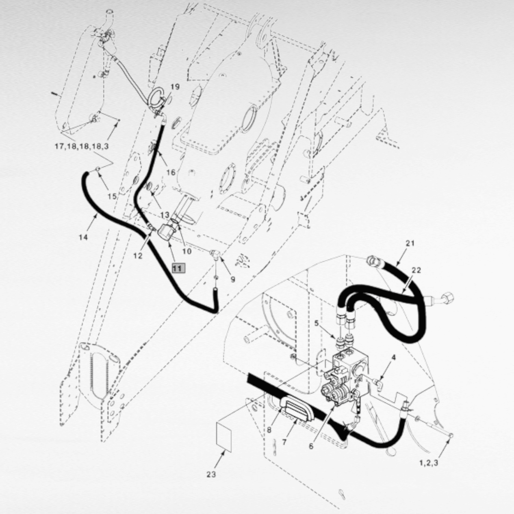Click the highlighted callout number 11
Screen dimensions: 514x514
[179, 268]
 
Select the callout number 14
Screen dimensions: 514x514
[83, 237]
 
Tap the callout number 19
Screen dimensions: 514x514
[175, 87]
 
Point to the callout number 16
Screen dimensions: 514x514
[171, 173]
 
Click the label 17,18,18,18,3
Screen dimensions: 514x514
[82, 146]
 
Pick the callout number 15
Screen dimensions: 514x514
[112, 196]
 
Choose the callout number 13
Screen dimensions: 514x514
[165, 215]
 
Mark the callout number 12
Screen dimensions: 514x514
[138, 256]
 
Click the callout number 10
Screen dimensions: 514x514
[187, 251]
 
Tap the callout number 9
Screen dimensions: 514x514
[233, 280]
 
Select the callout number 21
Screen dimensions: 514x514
[410, 243]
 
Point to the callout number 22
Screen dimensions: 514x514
[416, 270]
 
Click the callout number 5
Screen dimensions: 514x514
[317, 323]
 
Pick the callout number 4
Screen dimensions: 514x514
[394, 357]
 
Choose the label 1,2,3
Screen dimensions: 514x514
[429, 463]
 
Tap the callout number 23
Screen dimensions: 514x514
[211, 474]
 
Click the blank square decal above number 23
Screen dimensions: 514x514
[224, 436]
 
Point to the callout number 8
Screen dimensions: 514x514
[269, 430]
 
